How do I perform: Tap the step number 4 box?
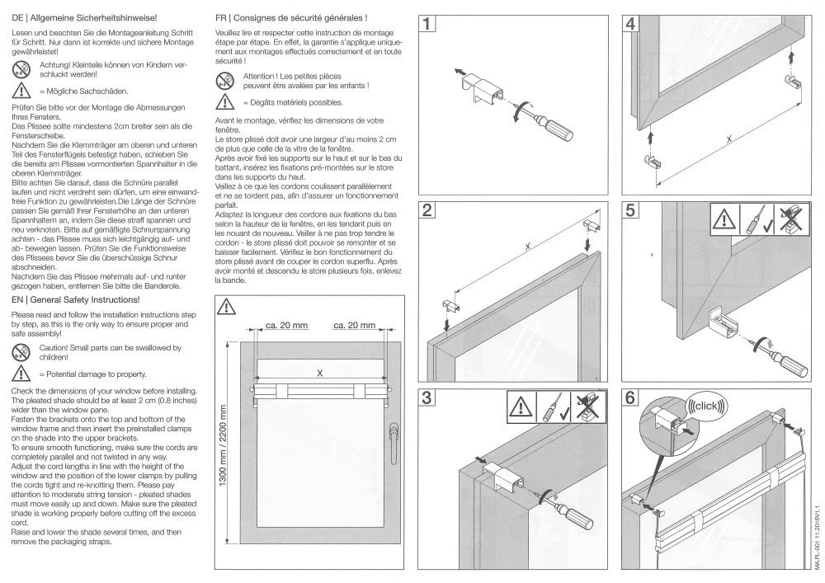pos(631,24)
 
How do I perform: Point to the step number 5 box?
pos(631,209)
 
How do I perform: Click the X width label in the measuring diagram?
pos(318,373)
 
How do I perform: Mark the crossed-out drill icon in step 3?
pos(593,407)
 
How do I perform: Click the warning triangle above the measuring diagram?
pos(225,307)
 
